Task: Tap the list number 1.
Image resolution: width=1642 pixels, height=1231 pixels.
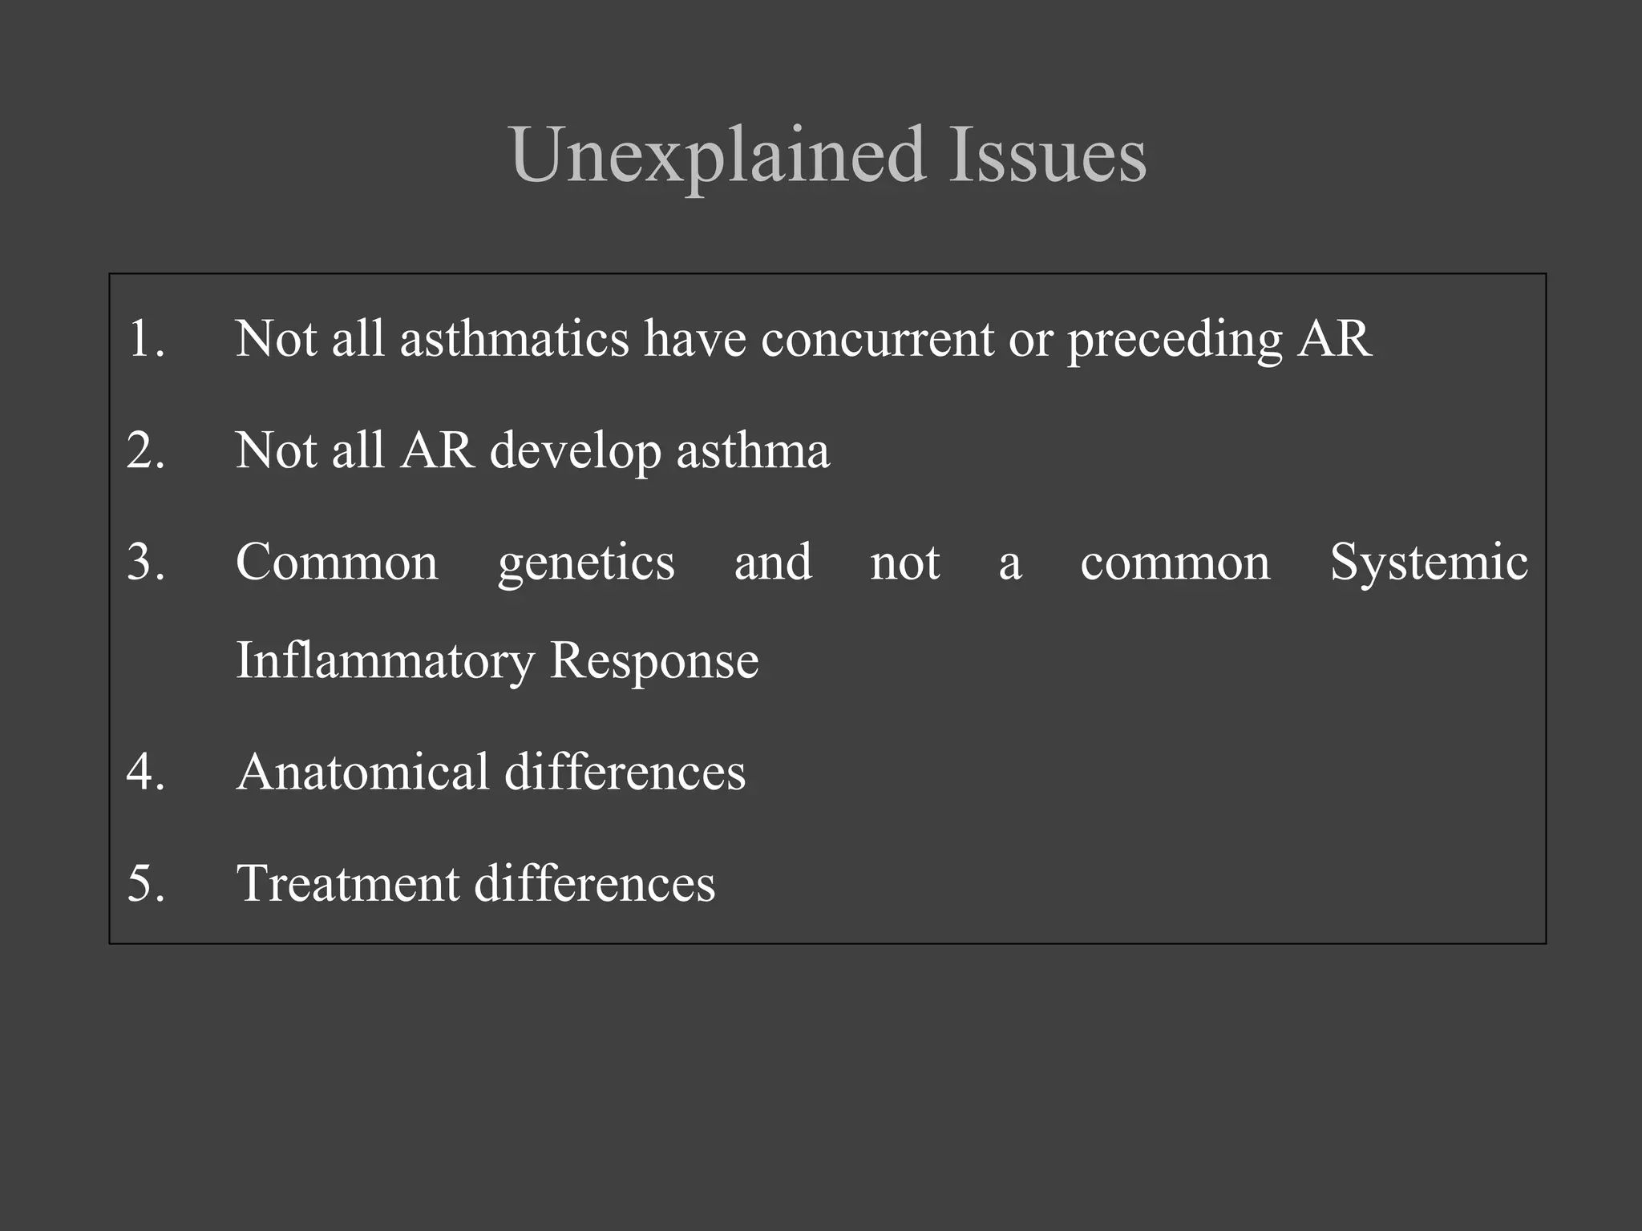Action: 145,338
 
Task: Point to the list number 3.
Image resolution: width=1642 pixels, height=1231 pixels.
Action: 145,562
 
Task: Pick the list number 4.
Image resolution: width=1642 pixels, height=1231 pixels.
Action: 145,772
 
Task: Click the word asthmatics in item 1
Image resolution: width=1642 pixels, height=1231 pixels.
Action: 514,338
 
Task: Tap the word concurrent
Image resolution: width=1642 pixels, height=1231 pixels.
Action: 877,338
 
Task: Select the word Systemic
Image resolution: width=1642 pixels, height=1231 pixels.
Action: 1429,563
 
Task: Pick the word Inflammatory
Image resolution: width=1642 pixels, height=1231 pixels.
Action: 385,663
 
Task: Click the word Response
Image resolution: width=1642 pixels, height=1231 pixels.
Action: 654,663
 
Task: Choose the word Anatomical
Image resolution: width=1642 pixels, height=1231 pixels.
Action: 362,772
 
